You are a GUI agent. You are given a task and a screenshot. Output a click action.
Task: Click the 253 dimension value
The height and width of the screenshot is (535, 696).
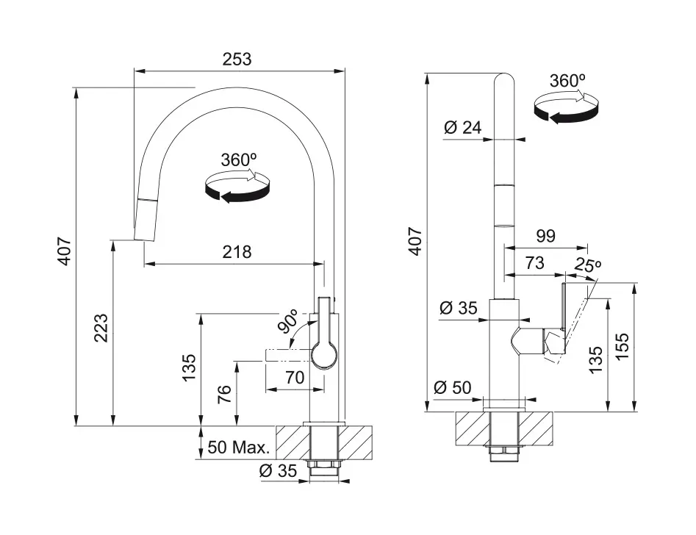(x=237, y=59)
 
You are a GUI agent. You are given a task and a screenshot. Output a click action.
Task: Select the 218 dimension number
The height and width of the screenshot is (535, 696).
(x=237, y=252)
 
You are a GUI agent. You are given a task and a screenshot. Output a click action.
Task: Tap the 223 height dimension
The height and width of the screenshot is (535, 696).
(x=101, y=328)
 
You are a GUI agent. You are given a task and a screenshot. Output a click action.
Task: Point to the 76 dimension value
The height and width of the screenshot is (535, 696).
(x=225, y=394)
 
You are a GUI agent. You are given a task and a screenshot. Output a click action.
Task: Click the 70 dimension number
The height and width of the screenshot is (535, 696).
(x=294, y=378)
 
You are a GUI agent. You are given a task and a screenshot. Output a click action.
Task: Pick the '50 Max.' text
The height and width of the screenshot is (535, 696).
(x=239, y=447)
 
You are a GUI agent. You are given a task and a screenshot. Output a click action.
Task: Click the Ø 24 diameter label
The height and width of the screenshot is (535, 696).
(x=462, y=128)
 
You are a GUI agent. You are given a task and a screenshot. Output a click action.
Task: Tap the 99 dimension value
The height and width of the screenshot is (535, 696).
(x=545, y=236)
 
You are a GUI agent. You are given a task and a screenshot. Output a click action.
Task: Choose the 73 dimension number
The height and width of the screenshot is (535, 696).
(x=534, y=263)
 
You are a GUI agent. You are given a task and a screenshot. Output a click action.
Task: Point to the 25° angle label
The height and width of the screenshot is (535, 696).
(x=588, y=265)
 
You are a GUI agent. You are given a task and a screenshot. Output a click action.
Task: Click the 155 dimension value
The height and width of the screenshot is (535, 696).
(x=623, y=346)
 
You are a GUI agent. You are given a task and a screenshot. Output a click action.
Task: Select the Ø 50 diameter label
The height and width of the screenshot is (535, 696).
(x=452, y=387)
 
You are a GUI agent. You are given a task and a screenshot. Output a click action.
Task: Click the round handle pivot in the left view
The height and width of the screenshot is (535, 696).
(x=324, y=355)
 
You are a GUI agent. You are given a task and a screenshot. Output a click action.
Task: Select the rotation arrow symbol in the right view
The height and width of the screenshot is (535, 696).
(x=566, y=108)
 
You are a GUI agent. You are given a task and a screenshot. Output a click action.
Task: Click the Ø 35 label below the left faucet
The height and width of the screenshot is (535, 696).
(x=278, y=471)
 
